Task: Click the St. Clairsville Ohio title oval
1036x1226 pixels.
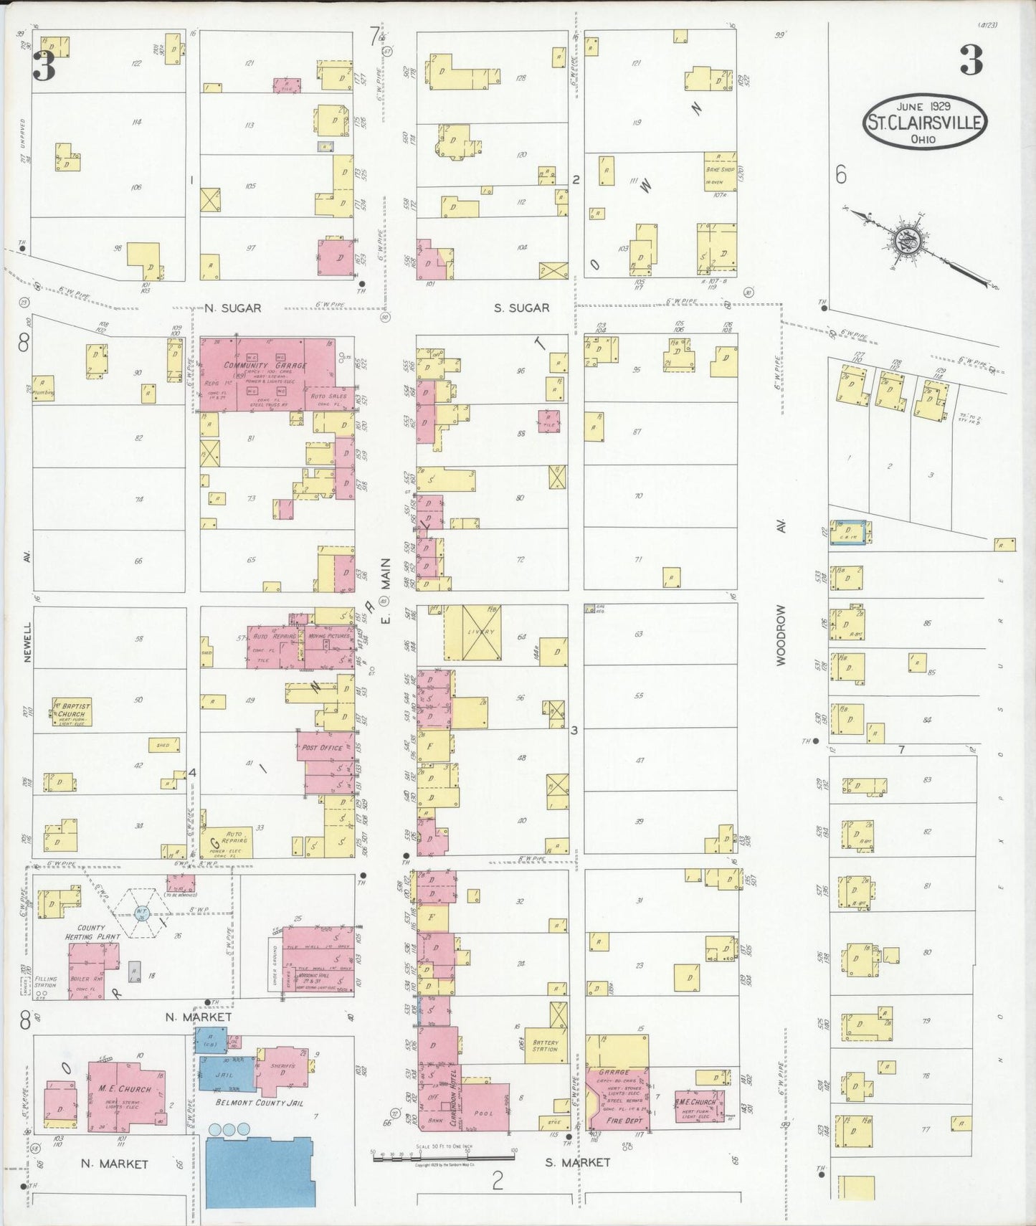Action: click(924, 122)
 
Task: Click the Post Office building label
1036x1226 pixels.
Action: click(322, 747)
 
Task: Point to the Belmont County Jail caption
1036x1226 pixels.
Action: click(261, 1103)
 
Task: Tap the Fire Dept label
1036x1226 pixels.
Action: click(624, 1120)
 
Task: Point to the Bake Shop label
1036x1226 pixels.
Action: click(720, 170)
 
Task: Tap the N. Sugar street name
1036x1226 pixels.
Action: click(232, 308)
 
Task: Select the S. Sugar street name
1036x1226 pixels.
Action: click(521, 308)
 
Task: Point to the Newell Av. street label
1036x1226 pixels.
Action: click(27, 631)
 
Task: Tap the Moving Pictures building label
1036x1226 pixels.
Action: click(329, 636)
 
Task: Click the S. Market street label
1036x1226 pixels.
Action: click(577, 1162)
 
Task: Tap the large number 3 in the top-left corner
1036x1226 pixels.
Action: click(44, 66)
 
